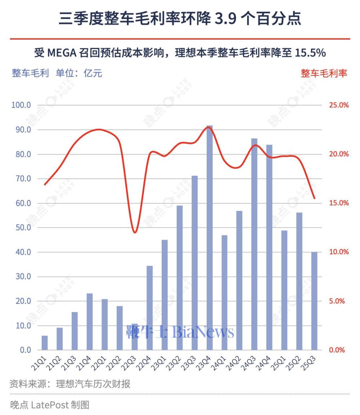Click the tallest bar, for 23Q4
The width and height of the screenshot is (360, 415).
click(210, 237)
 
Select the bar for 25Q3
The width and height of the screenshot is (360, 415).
click(314, 301)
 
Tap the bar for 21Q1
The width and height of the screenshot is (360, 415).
click(45, 343)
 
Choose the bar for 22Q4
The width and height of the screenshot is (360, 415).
click(149, 307)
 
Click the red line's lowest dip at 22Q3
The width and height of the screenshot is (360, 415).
click(135, 232)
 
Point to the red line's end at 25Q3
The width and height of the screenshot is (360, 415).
click(315, 198)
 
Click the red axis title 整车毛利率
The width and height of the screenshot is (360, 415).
click(324, 73)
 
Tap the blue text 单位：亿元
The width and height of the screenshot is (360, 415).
click(79, 73)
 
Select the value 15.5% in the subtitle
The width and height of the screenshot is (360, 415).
click(310, 53)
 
